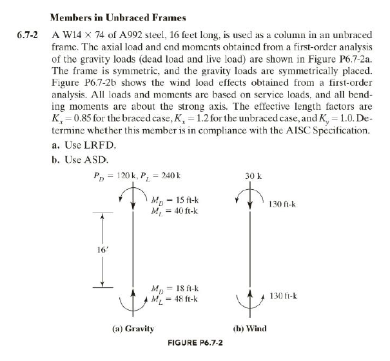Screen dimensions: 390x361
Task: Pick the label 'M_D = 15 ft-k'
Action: click(174, 200)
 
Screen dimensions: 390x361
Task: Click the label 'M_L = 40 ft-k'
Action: click(174, 211)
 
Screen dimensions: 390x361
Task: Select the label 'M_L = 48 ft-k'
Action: click(174, 298)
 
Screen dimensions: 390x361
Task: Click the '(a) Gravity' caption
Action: click(132, 328)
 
